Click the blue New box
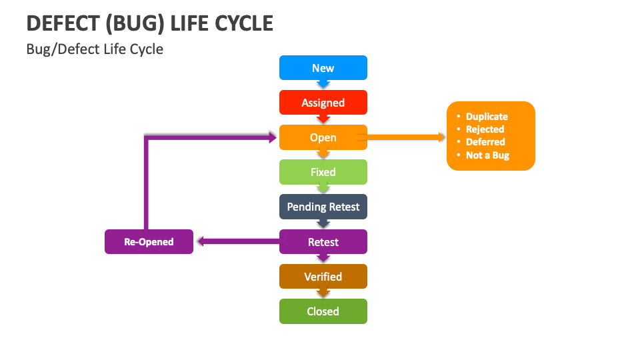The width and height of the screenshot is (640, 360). coord(323,68)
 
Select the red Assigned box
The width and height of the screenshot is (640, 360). coord(323,103)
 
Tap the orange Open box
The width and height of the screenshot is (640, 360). coord(323,137)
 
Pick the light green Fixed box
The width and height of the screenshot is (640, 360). coord(323,172)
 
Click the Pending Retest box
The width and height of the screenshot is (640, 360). coord(323,207)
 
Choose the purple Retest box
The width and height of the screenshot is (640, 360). coord(323,242)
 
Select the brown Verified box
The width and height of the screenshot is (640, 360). coord(323,277)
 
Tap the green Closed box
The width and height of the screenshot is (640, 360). coord(323,311)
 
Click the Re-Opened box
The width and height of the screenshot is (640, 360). coord(149,242)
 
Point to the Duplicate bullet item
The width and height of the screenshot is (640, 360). coord(486,117)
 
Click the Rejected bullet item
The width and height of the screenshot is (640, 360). coord(485,129)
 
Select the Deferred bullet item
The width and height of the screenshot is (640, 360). coord(485,142)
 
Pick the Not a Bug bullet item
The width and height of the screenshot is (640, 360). coord(487,155)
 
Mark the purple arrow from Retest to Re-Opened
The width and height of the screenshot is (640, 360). coord(237,242)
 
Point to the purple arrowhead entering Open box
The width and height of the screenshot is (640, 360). coord(273,137)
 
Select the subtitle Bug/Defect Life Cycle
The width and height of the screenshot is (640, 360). coord(95,49)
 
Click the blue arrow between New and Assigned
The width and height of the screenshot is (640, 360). coord(323,85)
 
